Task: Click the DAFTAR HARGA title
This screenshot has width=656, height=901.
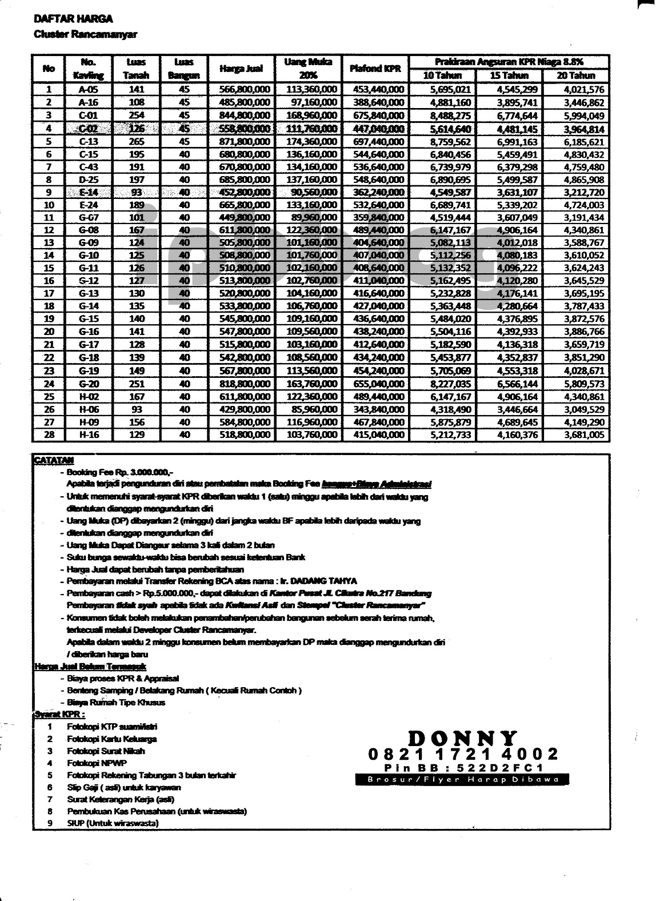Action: coord(73,19)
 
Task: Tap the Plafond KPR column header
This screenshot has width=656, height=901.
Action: coord(375,69)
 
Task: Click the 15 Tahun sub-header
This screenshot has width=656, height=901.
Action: coord(509,75)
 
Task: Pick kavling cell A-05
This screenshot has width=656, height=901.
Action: coord(89,89)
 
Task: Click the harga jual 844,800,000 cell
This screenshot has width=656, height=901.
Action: coord(245,115)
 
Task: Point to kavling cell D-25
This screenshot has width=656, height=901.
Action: coord(89,180)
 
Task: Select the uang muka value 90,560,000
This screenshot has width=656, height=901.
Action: coord(312,192)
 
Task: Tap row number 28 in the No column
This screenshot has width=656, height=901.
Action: coord(49,434)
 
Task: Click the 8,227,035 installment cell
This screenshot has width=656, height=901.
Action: coord(450,384)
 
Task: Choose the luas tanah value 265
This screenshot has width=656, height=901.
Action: coord(137,141)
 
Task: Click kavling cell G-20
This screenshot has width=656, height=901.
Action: coord(89,384)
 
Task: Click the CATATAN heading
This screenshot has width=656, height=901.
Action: coord(53,460)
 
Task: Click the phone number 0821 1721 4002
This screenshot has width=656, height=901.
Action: coord(463,755)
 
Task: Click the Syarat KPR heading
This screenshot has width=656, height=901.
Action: coord(59,715)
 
